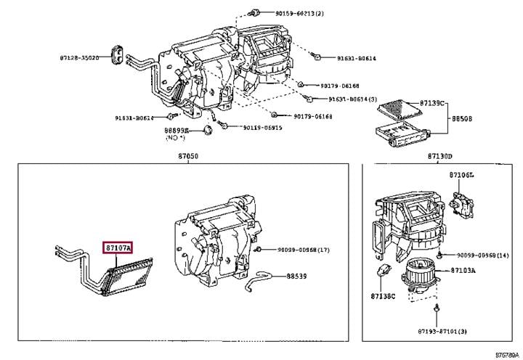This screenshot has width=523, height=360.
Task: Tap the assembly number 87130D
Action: [439, 156]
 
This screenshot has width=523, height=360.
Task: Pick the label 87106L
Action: [461, 175]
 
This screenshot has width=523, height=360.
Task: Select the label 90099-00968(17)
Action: [303, 250]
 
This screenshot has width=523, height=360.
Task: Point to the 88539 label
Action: [296, 276]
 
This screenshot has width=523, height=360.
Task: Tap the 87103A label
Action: [463, 270]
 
